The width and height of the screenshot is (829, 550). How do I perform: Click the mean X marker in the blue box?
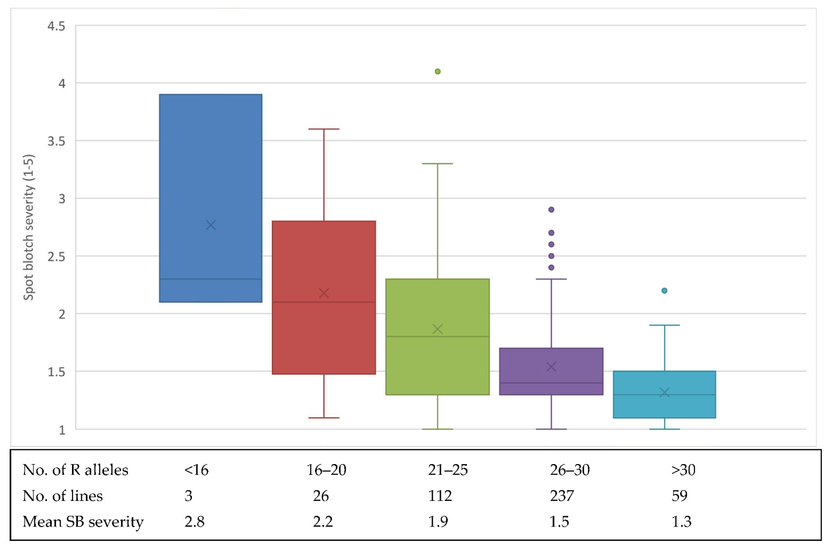tap(211, 225)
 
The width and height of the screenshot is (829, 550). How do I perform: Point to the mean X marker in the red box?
tap(324, 293)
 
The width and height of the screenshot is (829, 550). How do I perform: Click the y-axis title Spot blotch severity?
tap(29, 227)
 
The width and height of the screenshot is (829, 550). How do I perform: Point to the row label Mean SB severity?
tap(83, 522)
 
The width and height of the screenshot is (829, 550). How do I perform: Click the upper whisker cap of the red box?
tap(324, 129)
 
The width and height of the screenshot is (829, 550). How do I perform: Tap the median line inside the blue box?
tap(211, 279)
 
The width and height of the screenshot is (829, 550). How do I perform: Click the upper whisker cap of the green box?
tap(437, 164)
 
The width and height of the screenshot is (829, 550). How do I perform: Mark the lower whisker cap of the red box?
tap(324, 418)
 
